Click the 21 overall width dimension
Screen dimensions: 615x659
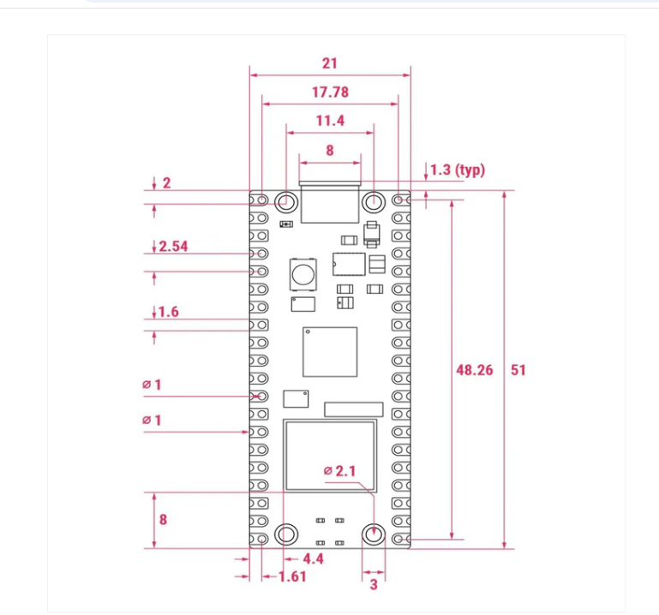click(330, 63)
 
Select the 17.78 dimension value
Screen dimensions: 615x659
click(330, 93)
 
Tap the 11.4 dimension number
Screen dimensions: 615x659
click(330, 121)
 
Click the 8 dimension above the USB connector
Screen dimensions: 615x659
click(330, 149)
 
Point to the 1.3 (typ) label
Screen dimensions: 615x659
click(457, 170)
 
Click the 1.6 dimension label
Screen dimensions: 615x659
click(169, 312)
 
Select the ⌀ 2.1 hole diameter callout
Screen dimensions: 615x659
click(339, 471)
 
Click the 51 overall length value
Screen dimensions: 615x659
click(518, 370)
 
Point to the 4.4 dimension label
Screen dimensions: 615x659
click(313, 559)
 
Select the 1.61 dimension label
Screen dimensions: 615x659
click(292, 576)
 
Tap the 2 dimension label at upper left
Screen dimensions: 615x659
click(166, 183)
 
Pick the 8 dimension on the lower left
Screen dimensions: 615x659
click(163, 519)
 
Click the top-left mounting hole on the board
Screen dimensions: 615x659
click(286, 202)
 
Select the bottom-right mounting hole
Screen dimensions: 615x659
click(373, 534)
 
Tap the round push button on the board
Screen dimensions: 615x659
click(303, 275)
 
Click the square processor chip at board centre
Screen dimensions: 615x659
click(329, 351)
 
